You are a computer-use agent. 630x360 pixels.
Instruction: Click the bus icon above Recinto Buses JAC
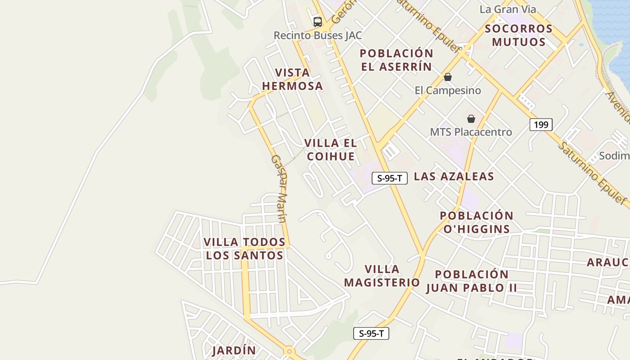pos(318,22)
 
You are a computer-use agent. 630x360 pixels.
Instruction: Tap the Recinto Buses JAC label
pos(318,35)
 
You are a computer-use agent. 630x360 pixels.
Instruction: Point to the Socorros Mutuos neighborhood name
pos(518,35)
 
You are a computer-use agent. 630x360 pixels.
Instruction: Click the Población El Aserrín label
pos(396,60)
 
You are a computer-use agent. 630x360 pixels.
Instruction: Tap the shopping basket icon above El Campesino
pos(447,77)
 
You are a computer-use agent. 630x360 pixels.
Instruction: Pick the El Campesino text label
pos(448,90)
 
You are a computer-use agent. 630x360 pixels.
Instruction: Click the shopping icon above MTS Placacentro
pos(471,119)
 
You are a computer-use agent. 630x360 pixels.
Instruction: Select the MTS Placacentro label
pos(471,132)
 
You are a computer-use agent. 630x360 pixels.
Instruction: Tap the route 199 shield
pos(540,124)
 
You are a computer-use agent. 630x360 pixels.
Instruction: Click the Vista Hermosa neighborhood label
pos(292,79)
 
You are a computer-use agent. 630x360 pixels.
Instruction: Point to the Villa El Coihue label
pos(330,150)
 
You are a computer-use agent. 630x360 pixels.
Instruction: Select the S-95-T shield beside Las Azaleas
pos(389,178)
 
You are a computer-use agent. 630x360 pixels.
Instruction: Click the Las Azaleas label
pos(454,176)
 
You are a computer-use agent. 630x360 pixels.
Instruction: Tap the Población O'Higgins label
pos(477,222)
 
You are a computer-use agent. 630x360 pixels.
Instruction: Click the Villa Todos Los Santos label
pos(244,249)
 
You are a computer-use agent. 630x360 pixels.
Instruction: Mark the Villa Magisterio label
pos(382,276)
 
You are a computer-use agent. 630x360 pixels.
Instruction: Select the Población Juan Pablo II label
pos(472,281)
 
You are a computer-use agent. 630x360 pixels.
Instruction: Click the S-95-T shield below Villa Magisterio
pos(371,333)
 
